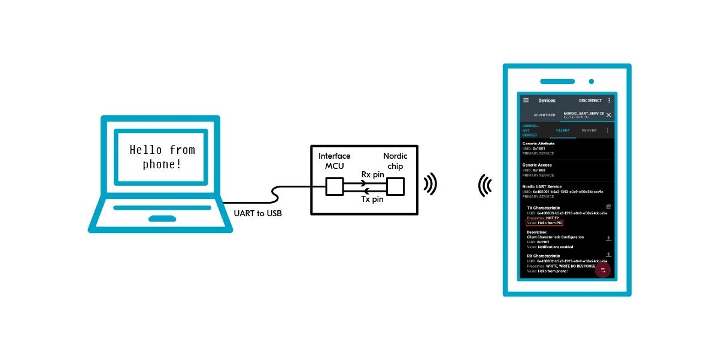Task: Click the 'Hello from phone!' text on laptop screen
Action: click(162, 156)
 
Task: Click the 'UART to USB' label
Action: click(258, 213)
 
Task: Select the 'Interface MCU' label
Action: click(334, 161)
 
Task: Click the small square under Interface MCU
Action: click(334, 187)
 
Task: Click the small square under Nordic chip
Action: click(395, 187)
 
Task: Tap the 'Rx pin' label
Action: click(372, 174)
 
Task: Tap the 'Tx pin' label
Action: click(372, 199)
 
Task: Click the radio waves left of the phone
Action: click(484, 186)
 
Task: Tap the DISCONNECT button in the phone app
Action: click(590, 101)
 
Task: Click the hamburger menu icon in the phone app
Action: click(526, 100)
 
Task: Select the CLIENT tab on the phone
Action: click(563, 130)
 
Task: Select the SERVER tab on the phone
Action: click(589, 130)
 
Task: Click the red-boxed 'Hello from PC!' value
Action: click(545, 223)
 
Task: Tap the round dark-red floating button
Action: click(603, 270)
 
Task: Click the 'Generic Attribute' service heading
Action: click(539, 144)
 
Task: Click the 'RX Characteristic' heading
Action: click(544, 256)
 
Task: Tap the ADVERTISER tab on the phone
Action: click(544, 114)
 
